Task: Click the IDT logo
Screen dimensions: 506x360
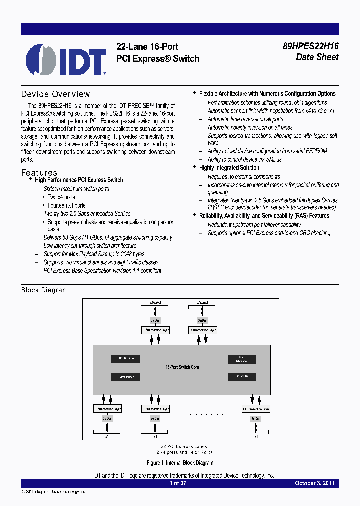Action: [x=65, y=59]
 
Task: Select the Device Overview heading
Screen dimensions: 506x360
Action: [x=55, y=94]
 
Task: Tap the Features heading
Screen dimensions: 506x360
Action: [x=39, y=173]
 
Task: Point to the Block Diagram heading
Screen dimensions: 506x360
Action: [x=44, y=290]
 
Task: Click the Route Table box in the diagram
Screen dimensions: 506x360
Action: [x=125, y=358]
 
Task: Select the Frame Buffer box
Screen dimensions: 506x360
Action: [x=125, y=377]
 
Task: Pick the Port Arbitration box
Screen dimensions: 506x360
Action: [x=242, y=359]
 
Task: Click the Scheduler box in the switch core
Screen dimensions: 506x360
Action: [x=242, y=376]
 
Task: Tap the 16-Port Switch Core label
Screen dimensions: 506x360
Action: [x=182, y=367]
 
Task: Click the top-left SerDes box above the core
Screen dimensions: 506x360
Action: [x=155, y=320]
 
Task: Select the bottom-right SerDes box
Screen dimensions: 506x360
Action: [x=256, y=418]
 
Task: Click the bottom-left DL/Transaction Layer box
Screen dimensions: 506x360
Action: [x=107, y=409]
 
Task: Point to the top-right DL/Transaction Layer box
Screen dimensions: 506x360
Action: [x=203, y=330]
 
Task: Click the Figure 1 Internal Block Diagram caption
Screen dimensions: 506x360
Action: [x=180, y=463]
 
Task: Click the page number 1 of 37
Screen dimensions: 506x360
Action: [x=178, y=483]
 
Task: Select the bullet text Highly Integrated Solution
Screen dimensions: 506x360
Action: [x=229, y=168]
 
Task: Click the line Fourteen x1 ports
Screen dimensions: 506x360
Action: [x=66, y=205]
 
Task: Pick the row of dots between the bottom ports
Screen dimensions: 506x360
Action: [x=207, y=414]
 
